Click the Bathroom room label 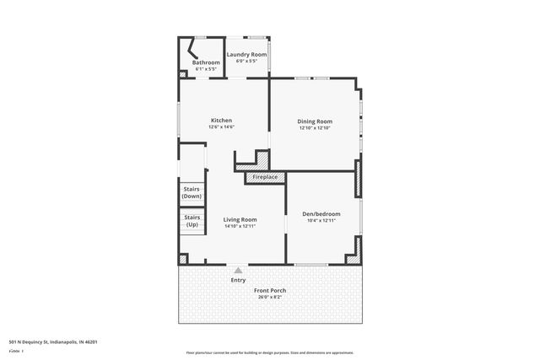206,62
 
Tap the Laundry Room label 246,55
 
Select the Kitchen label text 221,121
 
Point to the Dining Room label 314,121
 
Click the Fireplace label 265,177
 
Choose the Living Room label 240,219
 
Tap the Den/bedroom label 321,213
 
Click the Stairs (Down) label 192,192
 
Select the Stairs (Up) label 192,221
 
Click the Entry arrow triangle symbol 238,270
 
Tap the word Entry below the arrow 238,280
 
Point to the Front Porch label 271,291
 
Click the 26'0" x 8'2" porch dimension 271,297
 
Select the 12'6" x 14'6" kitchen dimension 221,127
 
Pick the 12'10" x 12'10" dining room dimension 314,128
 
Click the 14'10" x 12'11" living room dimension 240,226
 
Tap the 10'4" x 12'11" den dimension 321,220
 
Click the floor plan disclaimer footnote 270,352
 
